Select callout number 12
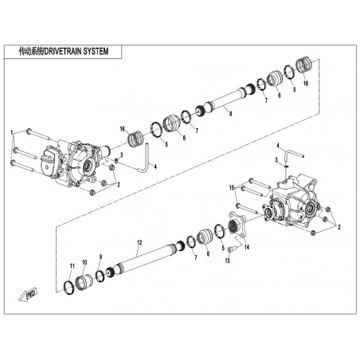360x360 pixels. pyautogui.click(x=139, y=242)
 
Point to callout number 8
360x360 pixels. pyautogui.click(x=230, y=114)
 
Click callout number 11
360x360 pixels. pyautogui.click(x=72, y=266)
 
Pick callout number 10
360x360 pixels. pyautogui.click(x=84, y=262)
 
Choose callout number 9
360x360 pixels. pyautogui.click(x=100, y=256)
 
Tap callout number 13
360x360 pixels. pyautogui.click(x=227, y=260)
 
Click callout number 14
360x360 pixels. pyautogui.click(x=247, y=248)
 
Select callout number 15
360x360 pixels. pyautogui.click(x=232, y=188)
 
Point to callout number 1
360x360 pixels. pyautogui.click(x=11, y=132)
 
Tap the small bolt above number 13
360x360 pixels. pyautogui.click(x=232, y=248)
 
